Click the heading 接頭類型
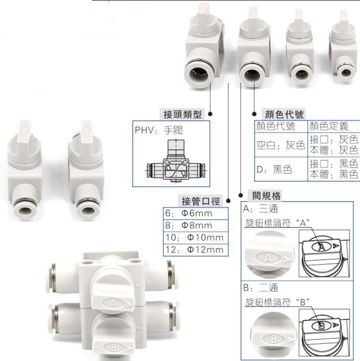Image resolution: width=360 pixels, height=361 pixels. [181, 114]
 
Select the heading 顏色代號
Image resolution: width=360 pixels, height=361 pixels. [283, 115]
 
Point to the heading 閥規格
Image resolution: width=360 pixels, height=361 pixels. [266, 196]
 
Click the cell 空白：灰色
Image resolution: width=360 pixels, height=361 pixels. [280, 145]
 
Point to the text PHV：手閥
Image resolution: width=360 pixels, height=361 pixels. [154, 131]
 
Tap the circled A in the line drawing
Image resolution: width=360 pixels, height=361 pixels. [322, 247]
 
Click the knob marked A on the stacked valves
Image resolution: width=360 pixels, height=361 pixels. [113, 302]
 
